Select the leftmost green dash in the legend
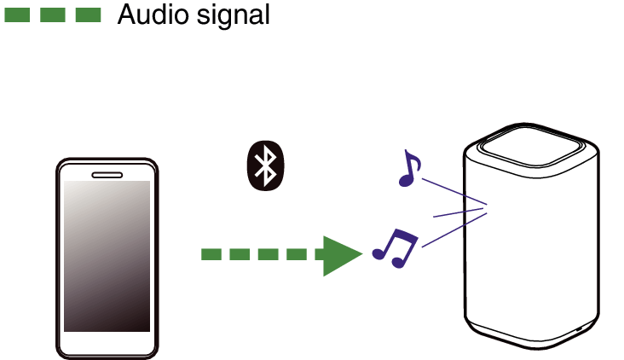17,15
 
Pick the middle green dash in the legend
53,15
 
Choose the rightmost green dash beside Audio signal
88,15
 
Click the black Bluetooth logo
265,165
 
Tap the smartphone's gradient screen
107,256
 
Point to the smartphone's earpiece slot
107,175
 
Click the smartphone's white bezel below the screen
107,342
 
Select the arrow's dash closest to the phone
211,254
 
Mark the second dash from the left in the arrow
240,254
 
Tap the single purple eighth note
409,168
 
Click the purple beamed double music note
396,248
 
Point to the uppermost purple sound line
454,192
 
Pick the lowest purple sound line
454,230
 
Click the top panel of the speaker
532,145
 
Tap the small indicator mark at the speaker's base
579,329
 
